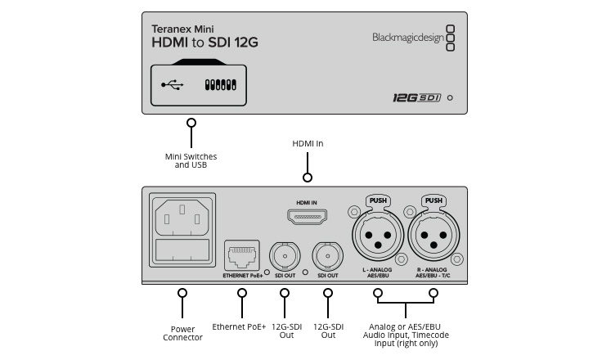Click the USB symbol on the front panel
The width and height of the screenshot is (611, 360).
point(172,84)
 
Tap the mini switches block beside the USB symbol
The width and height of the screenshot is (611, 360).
point(220,84)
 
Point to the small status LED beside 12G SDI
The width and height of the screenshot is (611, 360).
point(450,97)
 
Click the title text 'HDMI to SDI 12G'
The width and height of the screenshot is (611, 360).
point(204,43)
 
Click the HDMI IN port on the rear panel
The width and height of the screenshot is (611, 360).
point(307,217)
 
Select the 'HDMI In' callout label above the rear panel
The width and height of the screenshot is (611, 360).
point(308,143)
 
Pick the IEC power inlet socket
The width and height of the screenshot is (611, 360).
point(182,218)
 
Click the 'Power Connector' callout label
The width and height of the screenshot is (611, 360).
point(182,333)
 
